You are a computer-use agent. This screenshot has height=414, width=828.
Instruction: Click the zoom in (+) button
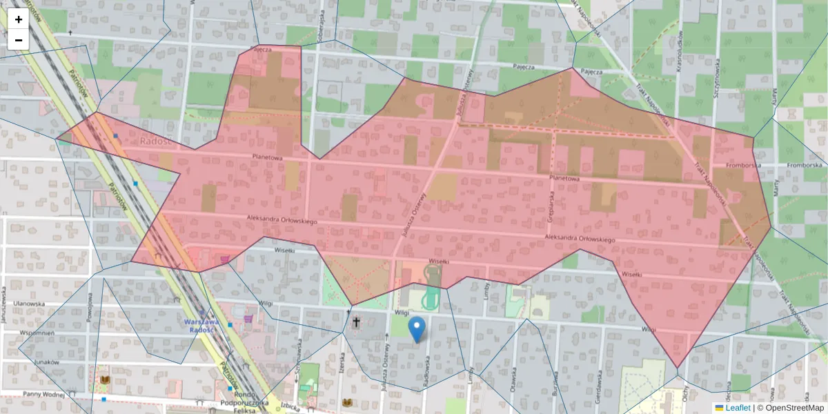19,19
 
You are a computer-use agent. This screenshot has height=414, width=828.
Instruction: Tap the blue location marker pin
417,329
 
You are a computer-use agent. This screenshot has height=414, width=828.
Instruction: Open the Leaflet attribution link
737,408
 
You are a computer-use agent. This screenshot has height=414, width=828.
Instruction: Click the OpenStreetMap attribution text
790,408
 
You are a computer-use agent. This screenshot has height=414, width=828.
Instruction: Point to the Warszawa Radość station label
201,326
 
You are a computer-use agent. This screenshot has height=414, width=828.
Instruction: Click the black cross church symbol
357,322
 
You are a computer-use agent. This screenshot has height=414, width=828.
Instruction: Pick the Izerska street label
343,360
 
